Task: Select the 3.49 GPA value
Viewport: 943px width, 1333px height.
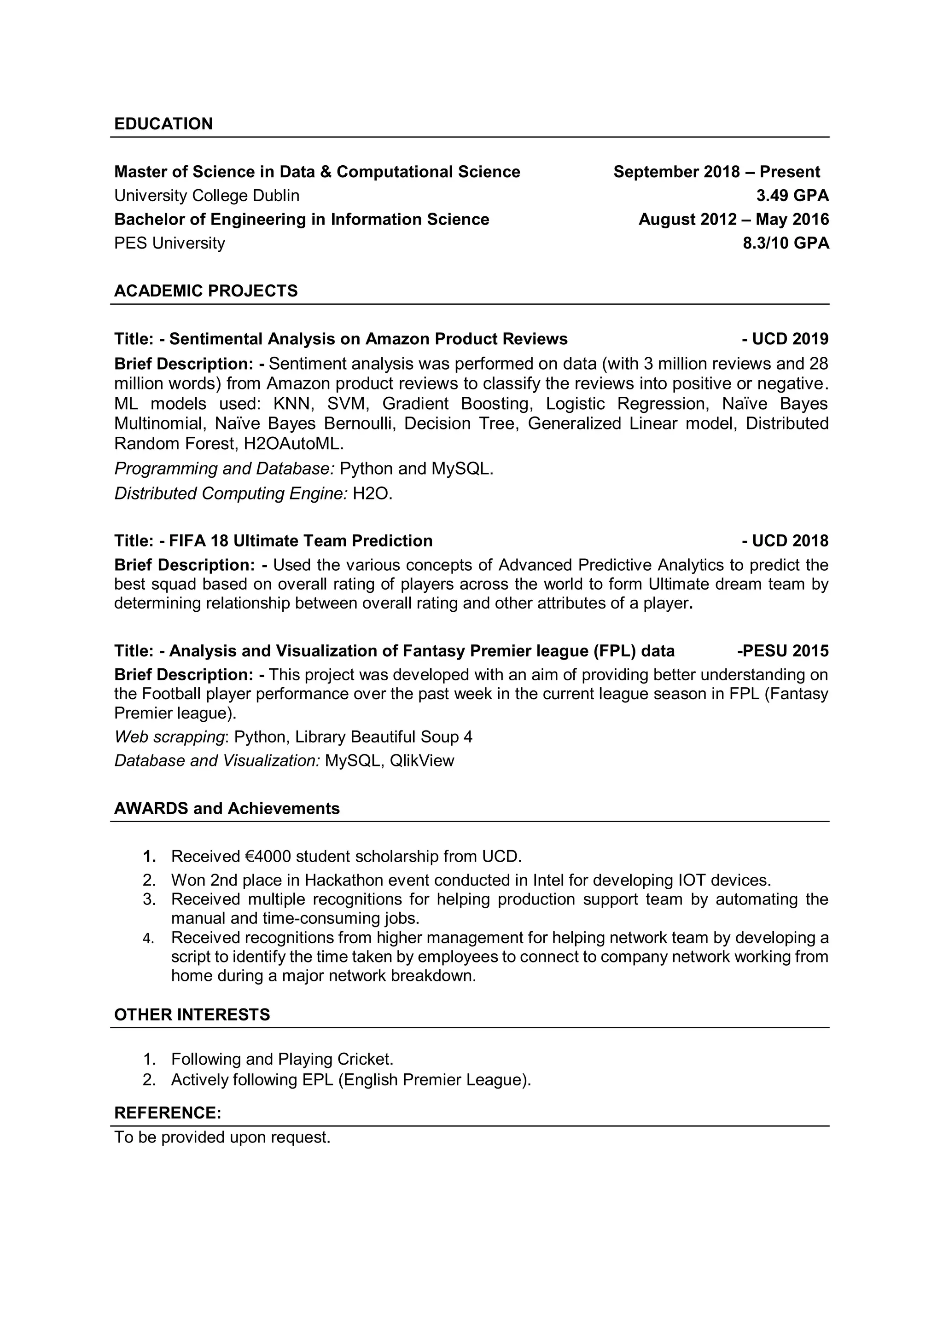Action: coord(792,196)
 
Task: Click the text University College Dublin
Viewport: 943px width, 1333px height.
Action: coord(207,196)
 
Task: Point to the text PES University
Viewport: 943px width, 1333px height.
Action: coord(169,243)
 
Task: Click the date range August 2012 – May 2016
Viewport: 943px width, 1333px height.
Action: coord(733,220)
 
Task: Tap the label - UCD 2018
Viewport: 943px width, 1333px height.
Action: coord(785,541)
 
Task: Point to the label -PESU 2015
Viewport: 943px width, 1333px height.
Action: coord(783,651)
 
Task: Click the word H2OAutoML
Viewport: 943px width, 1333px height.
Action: coord(293,444)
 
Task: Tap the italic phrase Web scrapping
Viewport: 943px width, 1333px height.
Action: coord(169,737)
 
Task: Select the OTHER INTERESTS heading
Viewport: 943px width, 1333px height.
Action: coord(192,1015)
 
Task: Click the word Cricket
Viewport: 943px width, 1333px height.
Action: coord(365,1059)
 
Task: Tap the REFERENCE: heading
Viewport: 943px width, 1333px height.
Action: coord(167,1113)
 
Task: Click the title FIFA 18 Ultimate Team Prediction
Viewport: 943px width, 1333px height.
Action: coord(300,541)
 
